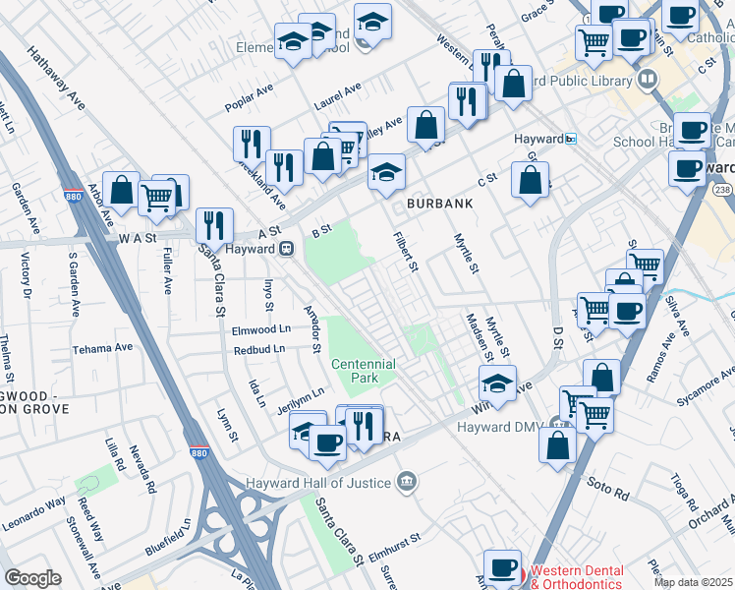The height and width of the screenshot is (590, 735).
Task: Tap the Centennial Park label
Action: (x=363, y=371)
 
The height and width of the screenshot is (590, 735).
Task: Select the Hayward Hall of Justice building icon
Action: (x=406, y=481)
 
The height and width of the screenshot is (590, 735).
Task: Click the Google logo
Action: (x=32, y=578)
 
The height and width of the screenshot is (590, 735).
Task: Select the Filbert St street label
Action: (x=406, y=253)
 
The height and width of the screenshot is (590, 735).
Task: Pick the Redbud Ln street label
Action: (x=259, y=348)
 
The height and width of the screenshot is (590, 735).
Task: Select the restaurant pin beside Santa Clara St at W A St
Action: (x=213, y=225)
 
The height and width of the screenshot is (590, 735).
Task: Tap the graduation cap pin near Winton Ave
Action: (x=498, y=383)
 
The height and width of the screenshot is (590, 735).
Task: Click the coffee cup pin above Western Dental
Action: (x=503, y=566)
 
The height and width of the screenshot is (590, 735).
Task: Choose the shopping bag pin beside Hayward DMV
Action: (x=557, y=442)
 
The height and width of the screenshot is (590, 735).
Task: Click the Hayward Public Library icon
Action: (x=647, y=79)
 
